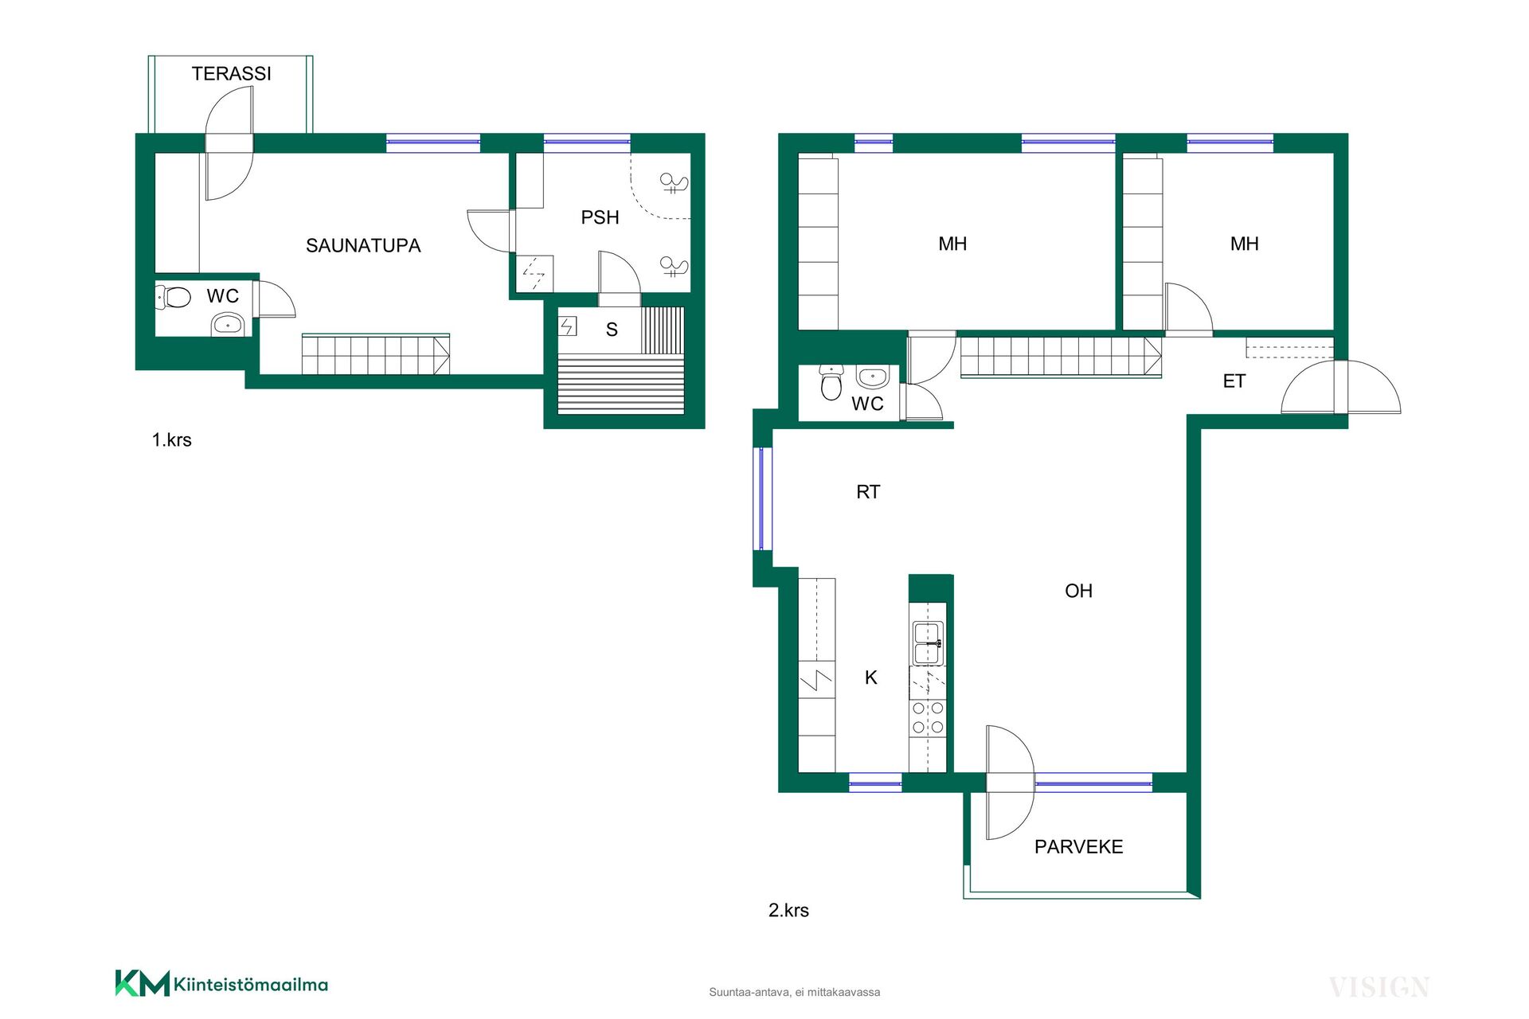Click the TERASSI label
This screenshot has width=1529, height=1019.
click(x=231, y=73)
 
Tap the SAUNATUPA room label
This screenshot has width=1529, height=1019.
click(x=363, y=245)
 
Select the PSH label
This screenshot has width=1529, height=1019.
click(x=600, y=217)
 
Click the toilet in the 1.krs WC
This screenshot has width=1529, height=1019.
click(x=174, y=297)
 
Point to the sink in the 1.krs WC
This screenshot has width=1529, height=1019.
click(x=228, y=325)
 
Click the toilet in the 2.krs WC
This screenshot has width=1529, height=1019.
click(x=831, y=383)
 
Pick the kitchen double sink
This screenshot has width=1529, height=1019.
click(x=928, y=643)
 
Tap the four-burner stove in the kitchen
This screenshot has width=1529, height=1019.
click(x=928, y=717)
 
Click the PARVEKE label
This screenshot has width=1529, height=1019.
click(x=1078, y=846)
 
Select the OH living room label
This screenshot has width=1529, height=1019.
click(x=1078, y=591)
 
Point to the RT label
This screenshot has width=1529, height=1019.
click(x=868, y=492)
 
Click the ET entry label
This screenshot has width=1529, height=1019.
click(x=1234, y=381)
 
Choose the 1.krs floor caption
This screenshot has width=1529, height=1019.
click(x=171, y=439)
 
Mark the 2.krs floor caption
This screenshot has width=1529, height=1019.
click(x=788, y=910)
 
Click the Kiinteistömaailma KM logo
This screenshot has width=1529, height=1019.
click(x=221, y=983)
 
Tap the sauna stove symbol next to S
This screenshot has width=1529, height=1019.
click(x=567, y=326)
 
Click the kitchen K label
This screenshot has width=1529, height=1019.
click(x=871, y=677)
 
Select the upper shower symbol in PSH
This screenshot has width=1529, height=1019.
click(x=674, y=183)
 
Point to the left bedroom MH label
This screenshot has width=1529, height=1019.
click(x=952, y=244)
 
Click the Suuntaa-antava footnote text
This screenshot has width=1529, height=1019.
click(x=795, y=992)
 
